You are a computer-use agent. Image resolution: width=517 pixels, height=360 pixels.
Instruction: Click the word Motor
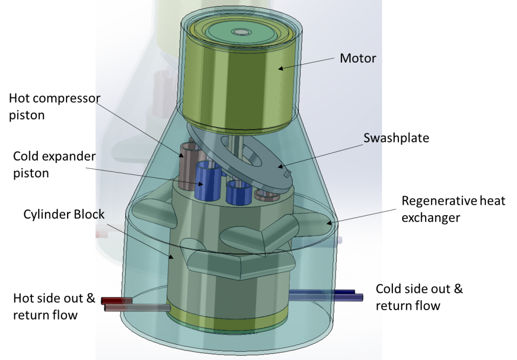pos(357,58)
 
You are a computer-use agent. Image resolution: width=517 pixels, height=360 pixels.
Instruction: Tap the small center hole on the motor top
pos(241,32)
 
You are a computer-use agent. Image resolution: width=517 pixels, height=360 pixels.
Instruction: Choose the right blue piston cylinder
pos(238,192)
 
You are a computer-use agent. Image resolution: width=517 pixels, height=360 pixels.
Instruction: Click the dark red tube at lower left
pos(117,300)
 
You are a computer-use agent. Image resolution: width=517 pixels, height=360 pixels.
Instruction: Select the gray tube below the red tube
pos(136,307)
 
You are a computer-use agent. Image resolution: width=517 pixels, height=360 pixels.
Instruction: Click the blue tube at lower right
pos(326,294)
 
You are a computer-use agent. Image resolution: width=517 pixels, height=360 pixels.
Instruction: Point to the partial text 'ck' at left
pos(98,214)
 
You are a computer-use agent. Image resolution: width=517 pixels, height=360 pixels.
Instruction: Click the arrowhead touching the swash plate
pos(279,167)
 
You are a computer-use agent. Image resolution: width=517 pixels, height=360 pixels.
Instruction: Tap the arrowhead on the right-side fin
pos(328,222)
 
